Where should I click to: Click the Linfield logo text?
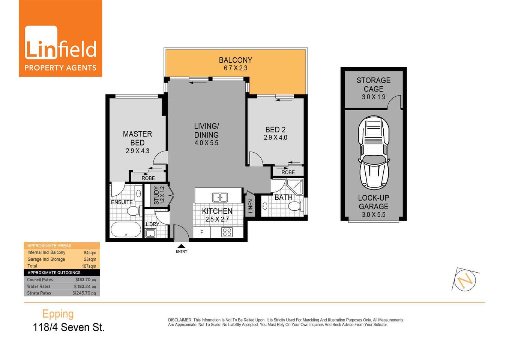(60, 49)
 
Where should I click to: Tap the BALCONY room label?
(235, 60)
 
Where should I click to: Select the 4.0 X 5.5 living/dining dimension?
(206, 143)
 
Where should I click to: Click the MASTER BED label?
(137, 138)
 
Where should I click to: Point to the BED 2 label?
(275, 130)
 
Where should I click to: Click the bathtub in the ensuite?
(126, 229)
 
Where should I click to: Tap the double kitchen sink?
(220, 197)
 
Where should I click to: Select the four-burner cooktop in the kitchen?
(227, 232)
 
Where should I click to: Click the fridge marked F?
(201, 232)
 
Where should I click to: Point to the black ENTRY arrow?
(181, 246)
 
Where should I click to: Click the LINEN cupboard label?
(250, 206)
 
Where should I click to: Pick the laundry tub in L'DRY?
(150, 233)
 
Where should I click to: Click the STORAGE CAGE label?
(373, 85)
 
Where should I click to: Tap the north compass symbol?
(465, 279)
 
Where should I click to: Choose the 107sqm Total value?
(89, 266)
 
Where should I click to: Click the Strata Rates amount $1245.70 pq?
(84, 293)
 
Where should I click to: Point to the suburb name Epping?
(58, 313)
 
